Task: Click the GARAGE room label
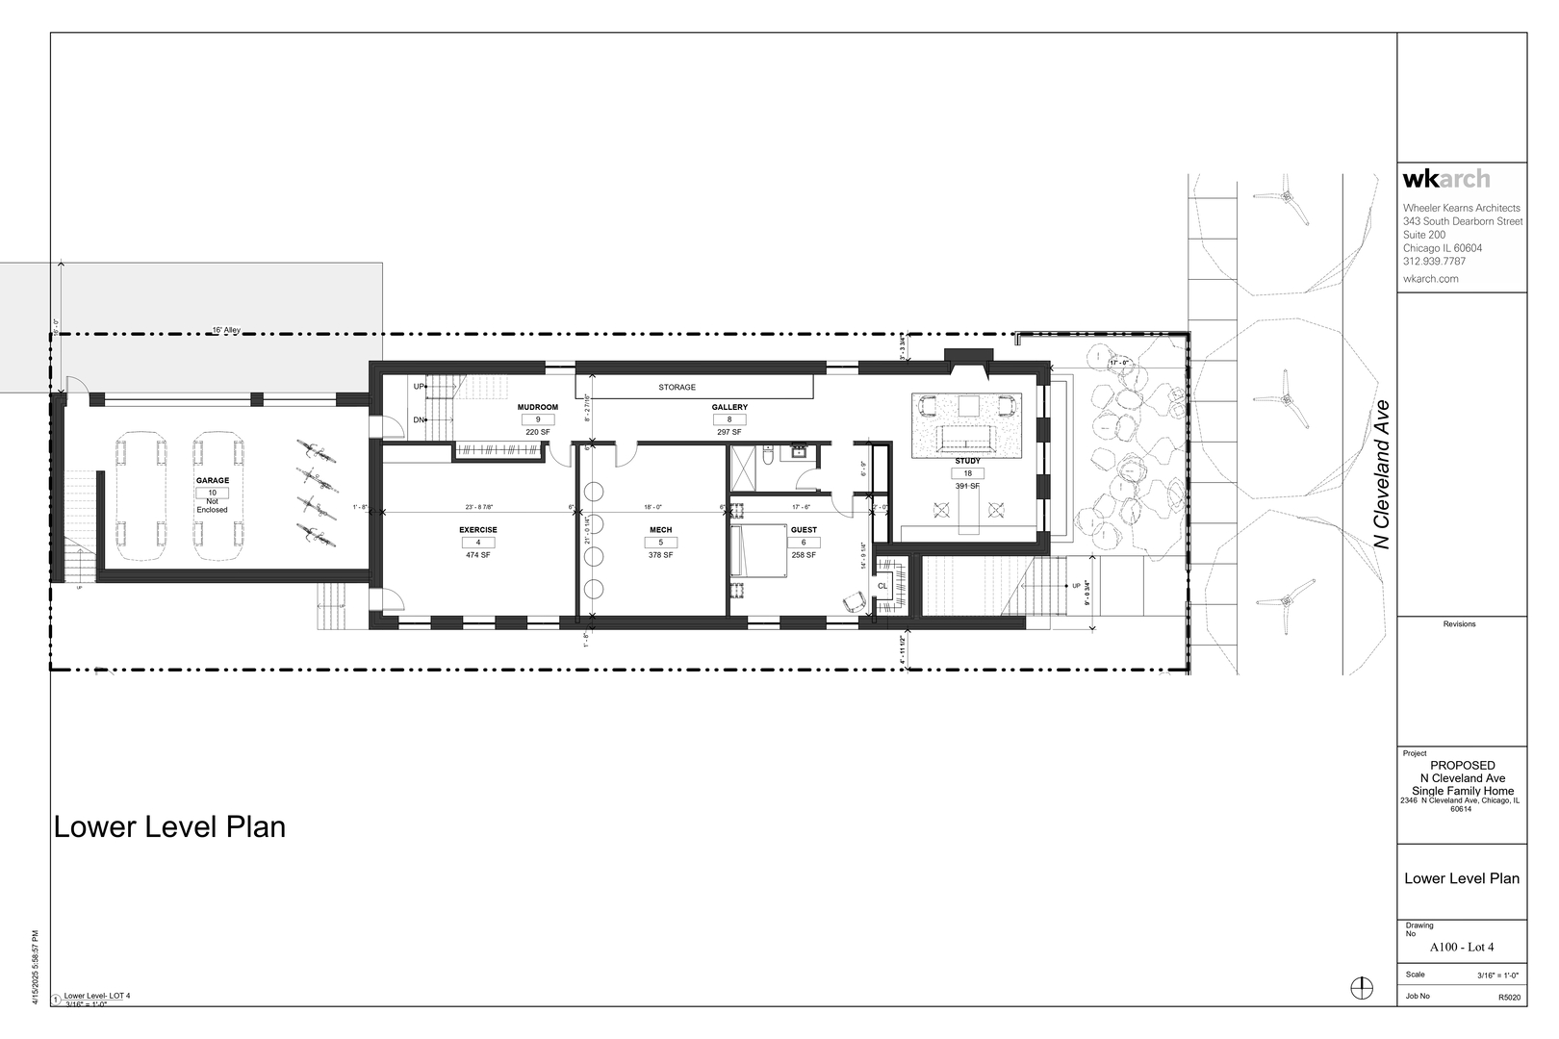pyautogui.click(x=213, y=480)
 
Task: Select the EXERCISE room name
pyautogui.click(x=478, y=530)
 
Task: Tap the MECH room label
pyautogui.click(x=660, y=530)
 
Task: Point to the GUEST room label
pyautogui.click(x=804, y=530)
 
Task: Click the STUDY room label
pyautogui.click(x=967, y=462)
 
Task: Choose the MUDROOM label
pyautogui.click(x=538, y=408)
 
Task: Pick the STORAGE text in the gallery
pyautogui.click(x=677, y=387)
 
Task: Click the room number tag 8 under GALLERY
pyautogui.click(x=729, y=419)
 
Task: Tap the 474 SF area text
pyautogui.click(x=478, y=555)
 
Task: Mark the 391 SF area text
pyautogui.click(x=967, y=486)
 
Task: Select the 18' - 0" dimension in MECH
pyautogui.click(x=653, y=507)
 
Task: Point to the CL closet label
pyautogui.click(x=882, y=586)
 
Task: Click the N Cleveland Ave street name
pyautogui.click(x=1384, y=475)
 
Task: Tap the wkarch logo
pyautogui.click(x=1446, y=179)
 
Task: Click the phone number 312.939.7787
pyautogui.click(x=1434, y=262)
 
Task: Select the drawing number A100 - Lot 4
pyautogui.click(x=1462, y=948)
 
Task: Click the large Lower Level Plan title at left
pyautogui.click(x=169, y=827)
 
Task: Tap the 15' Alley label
pyautogui.click(x=226, y=330)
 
